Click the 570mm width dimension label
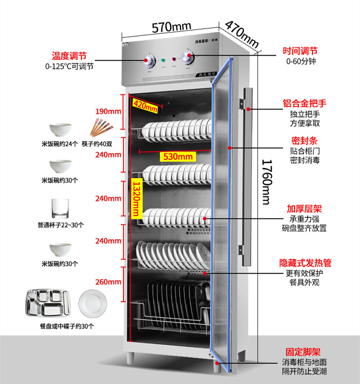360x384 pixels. [171, 26]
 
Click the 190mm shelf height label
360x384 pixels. [108, 111]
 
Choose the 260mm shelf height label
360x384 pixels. [108, 281]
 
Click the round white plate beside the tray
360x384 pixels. [93, 303]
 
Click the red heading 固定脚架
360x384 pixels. [303, 352]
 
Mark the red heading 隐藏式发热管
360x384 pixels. [305, 263]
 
